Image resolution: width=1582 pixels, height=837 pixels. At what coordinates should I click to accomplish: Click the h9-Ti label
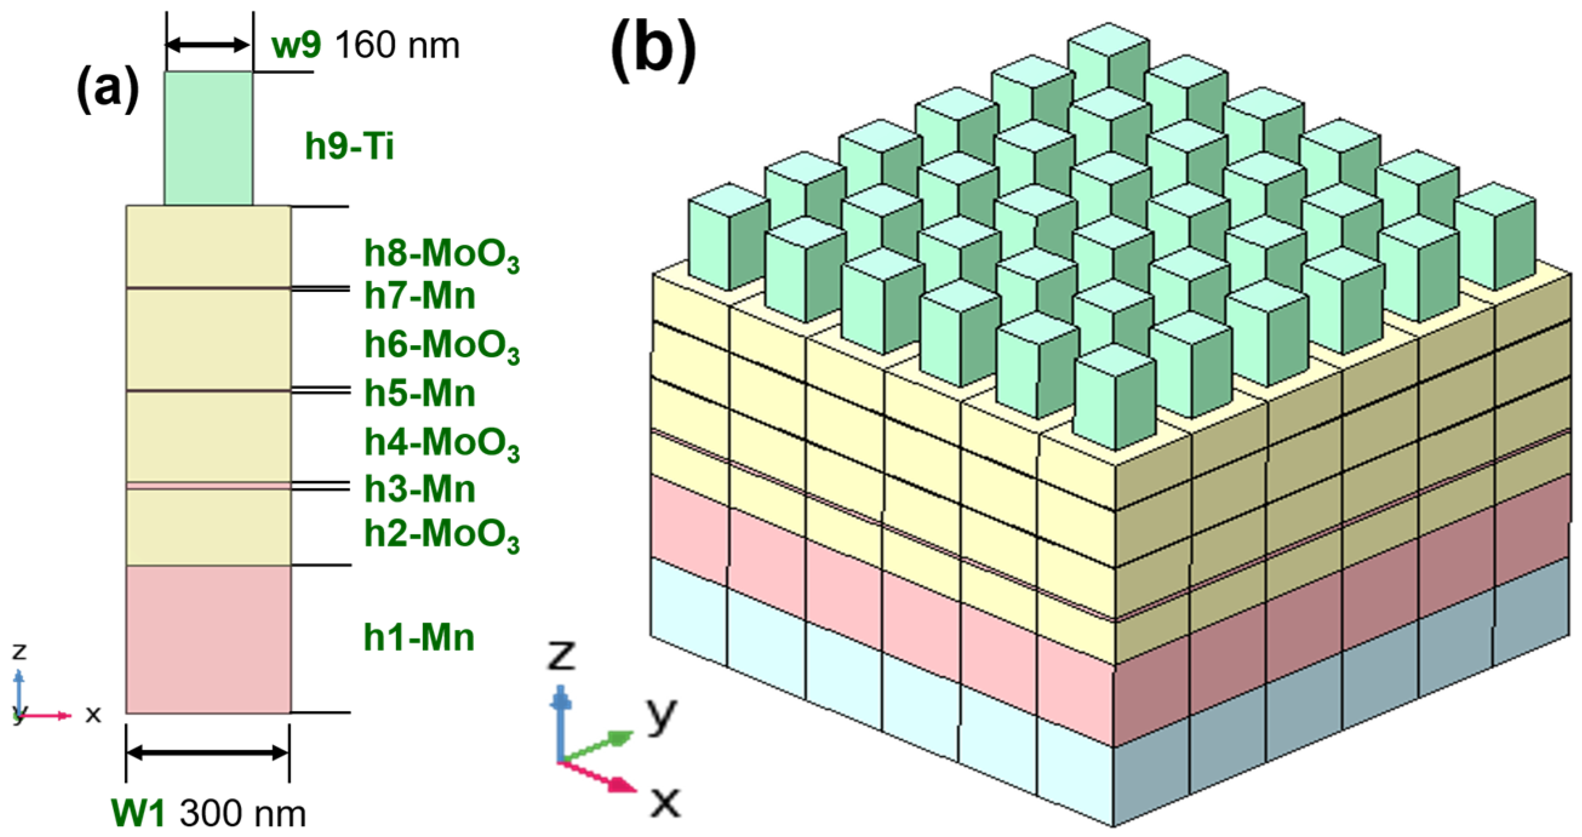click(x=349, y=147)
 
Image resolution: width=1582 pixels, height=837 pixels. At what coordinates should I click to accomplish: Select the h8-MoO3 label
click(x=442, y=254)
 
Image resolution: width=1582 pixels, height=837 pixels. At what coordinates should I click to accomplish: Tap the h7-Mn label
click(x=420, y=296)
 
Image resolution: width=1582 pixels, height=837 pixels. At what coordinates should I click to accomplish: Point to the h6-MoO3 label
click(x=442, y=345)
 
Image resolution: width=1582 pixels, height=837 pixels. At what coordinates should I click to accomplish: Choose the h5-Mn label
click(x=420, y=393)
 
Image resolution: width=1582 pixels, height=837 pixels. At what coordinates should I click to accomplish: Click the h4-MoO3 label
click(x=442, y=443)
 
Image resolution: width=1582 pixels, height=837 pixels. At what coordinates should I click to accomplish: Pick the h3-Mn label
click(x=420, y=489)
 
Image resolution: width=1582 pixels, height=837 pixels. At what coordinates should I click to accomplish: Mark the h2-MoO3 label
click(x=442, y=535)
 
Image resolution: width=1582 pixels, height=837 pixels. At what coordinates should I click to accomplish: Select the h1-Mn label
click(x=419, y=637)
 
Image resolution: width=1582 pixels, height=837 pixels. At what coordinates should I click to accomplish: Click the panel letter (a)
click(x=108, y=91)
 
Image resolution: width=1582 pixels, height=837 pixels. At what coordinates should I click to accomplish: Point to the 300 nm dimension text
click(x=242, y=814)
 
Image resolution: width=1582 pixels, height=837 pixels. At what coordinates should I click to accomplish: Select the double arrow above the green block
click(x=208, y=45)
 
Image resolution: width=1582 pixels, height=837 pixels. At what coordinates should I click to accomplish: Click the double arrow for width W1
click(x=208, y=752)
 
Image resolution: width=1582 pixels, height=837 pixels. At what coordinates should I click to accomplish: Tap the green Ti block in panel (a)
click(x=208, y=138)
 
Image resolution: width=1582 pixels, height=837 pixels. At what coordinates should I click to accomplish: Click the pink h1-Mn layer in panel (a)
click(x=208, y=638)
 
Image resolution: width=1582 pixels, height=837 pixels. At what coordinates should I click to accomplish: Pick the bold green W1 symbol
click(x=138, y=814)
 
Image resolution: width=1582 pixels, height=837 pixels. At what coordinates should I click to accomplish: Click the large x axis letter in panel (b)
click(x=666, y=801)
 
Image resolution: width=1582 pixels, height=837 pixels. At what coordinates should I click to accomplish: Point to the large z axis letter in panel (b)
click(x=561, y=655)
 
